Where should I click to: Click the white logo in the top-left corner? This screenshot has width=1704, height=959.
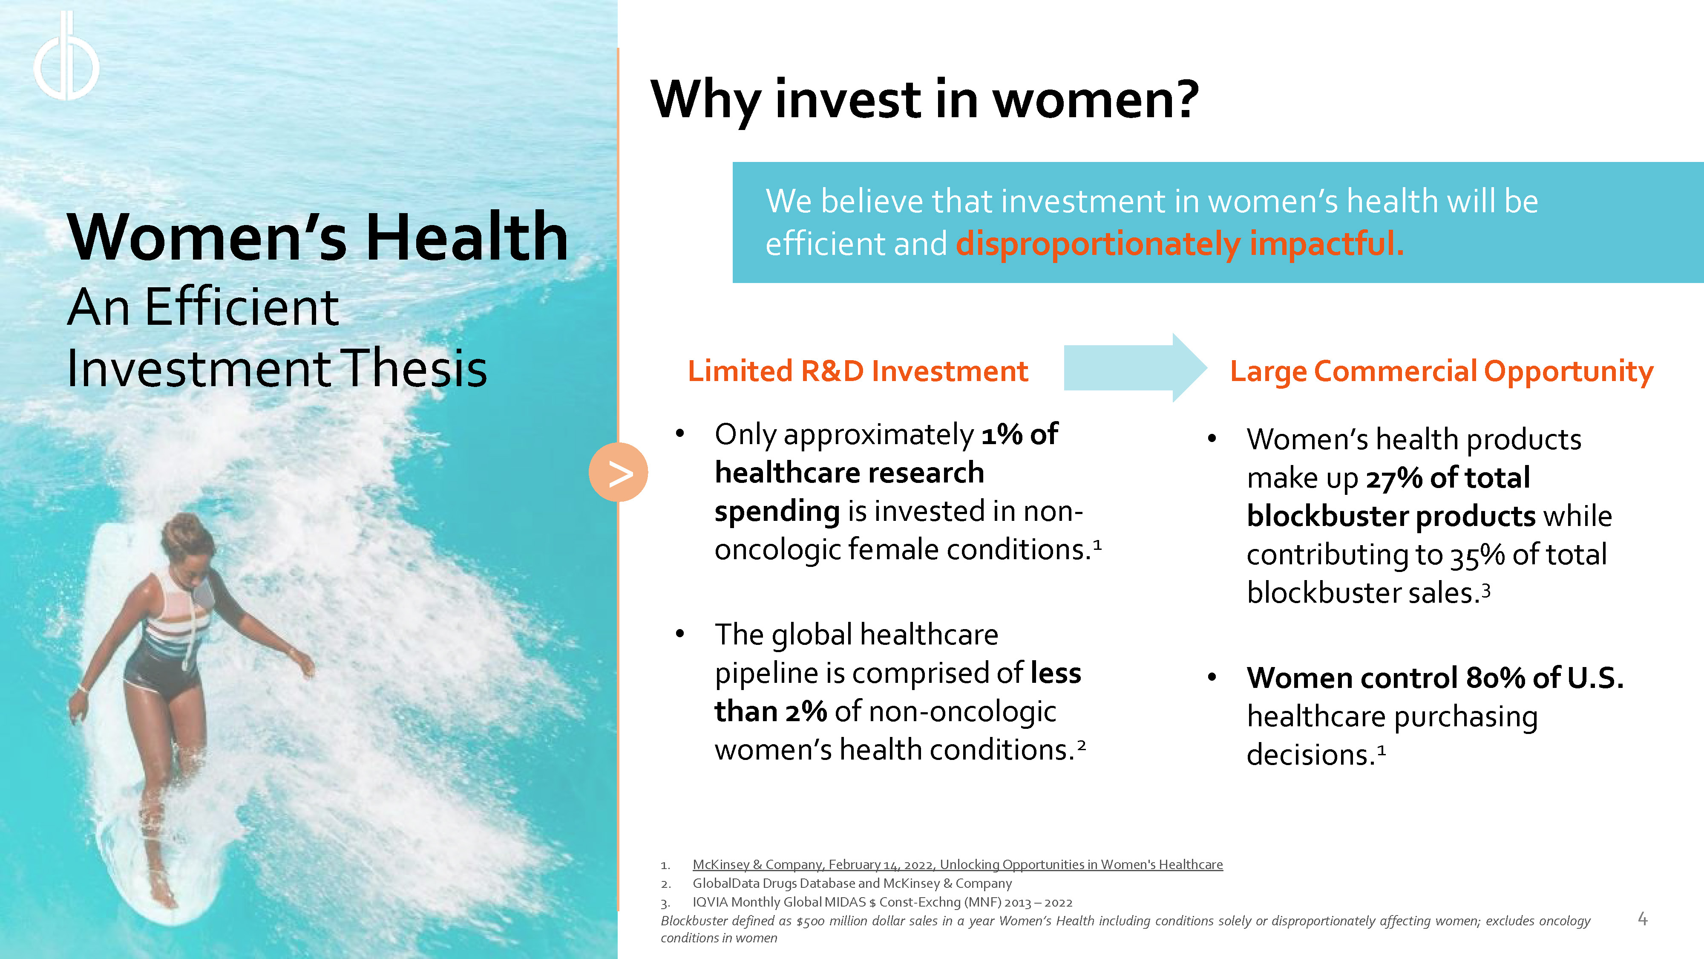click(66, 56)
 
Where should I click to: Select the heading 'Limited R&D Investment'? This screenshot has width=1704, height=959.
click(858, 371)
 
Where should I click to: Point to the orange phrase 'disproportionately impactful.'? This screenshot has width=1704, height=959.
click(1180, 243)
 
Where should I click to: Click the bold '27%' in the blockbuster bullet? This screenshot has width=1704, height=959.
click(1394, 478)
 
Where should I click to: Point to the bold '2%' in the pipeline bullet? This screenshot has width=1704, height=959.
click(806, 711)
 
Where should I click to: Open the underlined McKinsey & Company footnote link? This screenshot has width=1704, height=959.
click(957, 864)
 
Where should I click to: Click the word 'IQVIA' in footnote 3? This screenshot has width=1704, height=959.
click(710, 902)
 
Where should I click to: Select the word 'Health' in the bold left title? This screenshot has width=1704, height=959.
click(466, 237)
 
